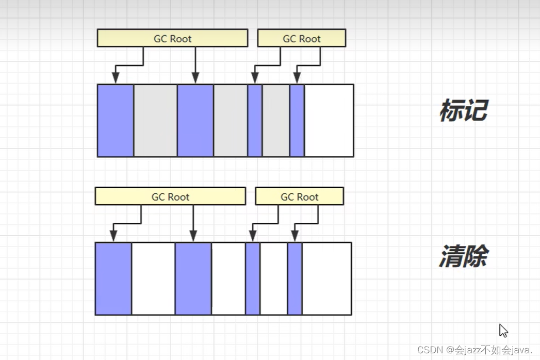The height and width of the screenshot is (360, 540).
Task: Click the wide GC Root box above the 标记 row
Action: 172,38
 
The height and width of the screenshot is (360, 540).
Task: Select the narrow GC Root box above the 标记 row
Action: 302,38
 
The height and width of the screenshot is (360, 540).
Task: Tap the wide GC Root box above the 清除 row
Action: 170,197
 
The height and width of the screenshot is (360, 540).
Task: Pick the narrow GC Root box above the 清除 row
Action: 300,197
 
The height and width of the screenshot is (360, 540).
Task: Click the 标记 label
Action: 463,110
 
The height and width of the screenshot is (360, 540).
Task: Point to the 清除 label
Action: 463,256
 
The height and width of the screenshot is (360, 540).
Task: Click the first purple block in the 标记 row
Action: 116,120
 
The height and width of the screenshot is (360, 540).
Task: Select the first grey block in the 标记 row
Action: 155,120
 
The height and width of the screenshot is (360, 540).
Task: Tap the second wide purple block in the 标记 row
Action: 195,120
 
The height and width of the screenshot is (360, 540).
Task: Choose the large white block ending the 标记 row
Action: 329,120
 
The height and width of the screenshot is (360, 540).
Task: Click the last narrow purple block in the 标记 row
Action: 297,120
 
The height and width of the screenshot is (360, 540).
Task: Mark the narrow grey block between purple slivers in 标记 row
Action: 276,120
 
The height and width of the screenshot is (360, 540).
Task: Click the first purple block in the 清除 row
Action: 113,279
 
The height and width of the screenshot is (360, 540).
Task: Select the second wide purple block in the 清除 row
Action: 193,279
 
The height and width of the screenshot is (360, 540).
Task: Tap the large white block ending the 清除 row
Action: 327,279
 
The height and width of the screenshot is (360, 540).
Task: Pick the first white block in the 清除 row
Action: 153,279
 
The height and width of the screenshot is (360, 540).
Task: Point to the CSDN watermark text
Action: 474,350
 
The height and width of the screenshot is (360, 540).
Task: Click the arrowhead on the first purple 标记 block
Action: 116,78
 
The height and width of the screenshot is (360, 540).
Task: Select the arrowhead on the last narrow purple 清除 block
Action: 295,236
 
